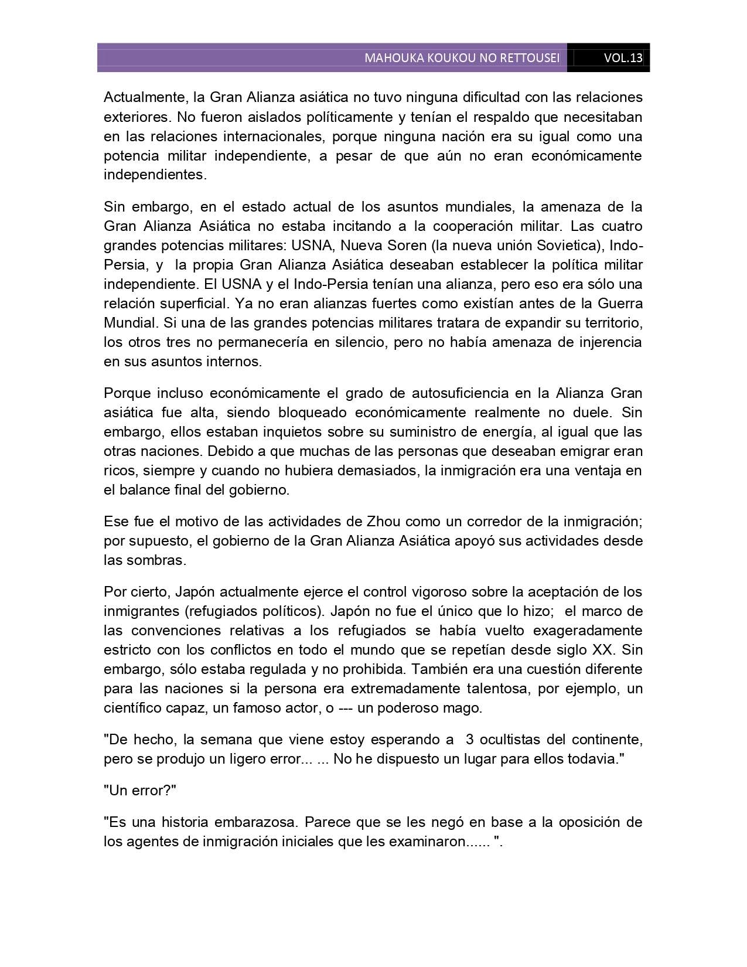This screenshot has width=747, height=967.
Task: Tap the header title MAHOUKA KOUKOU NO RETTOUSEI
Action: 462,58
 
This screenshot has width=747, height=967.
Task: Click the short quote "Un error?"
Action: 140,790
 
